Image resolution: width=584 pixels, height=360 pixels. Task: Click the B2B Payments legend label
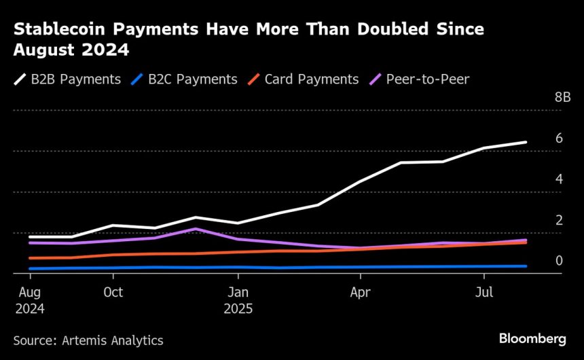(76, 79)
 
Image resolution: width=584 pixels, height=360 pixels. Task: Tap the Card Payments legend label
(312, 79)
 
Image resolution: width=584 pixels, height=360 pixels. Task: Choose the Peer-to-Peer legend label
(428, 79)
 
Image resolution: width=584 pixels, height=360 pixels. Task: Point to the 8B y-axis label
(563, 98)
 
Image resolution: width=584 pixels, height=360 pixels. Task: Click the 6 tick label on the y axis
(559, 138)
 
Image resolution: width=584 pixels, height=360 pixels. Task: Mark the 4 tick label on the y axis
(559, 179)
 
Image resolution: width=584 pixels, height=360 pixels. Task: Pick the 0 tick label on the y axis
(559, 261)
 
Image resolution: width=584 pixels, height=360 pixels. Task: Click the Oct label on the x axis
(113, 293)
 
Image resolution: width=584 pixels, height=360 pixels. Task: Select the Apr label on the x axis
(361, 293)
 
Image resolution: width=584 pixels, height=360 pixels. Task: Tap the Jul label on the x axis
(483, 293)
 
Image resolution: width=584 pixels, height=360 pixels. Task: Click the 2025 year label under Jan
(238, 308)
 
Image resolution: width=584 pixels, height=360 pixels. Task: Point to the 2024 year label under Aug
(30, 308)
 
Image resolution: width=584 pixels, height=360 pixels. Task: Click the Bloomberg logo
(532, 338)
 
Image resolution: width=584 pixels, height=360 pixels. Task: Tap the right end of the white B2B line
(526, 142)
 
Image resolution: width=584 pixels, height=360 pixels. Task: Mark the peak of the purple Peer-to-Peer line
(196, 229)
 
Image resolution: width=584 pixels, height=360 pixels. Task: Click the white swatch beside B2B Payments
(20, 80)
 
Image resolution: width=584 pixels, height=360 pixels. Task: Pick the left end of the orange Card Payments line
(30, 258)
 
